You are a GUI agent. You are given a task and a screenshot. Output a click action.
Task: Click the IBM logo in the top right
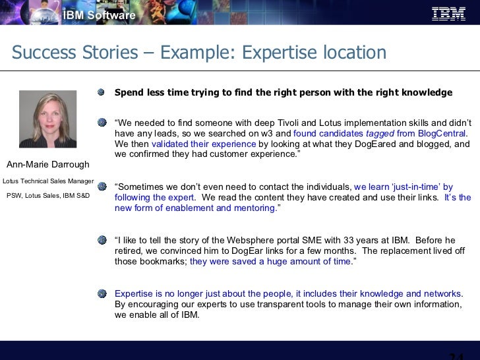449,13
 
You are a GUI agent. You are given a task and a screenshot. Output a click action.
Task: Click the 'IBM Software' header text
100,15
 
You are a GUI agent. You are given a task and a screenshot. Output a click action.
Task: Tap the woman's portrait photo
47,119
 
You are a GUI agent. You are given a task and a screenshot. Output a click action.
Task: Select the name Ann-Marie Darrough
47,164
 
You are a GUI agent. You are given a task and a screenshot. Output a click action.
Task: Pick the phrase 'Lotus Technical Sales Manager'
47,180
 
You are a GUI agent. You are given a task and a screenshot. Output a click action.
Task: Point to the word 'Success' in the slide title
44,53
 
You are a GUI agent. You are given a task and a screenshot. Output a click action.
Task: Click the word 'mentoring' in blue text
254,208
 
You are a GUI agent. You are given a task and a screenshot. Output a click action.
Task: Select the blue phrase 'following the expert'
154,198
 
